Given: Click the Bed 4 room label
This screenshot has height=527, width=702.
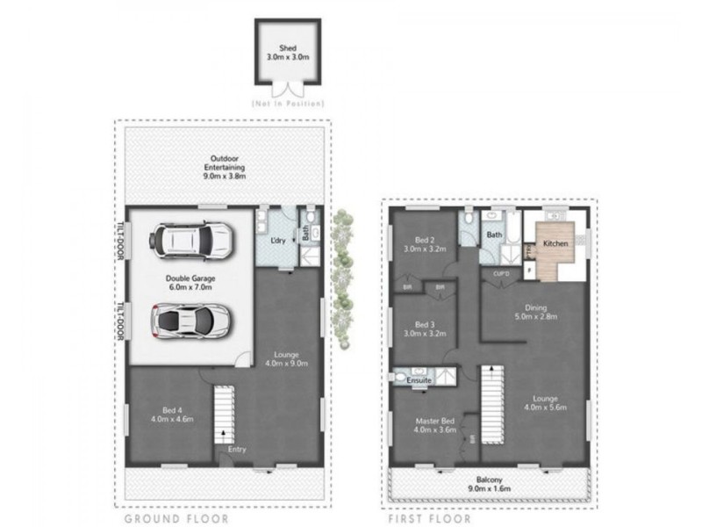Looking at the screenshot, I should click(x=172, y=413).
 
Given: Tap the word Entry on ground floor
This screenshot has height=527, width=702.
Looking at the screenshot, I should click(x=238, y=450).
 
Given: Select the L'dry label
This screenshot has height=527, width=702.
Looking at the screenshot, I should click(x=278, y=241).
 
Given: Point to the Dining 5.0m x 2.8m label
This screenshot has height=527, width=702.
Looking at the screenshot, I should click(x=535, y=313).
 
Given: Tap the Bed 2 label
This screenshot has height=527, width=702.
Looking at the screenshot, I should click(x=425, y=243).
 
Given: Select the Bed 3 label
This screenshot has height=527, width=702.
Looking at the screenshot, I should click(x=425, y=328).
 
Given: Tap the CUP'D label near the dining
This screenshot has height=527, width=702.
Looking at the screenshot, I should click(x=502, y=273).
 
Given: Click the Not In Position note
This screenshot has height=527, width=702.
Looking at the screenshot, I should click(x=287, y=104).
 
